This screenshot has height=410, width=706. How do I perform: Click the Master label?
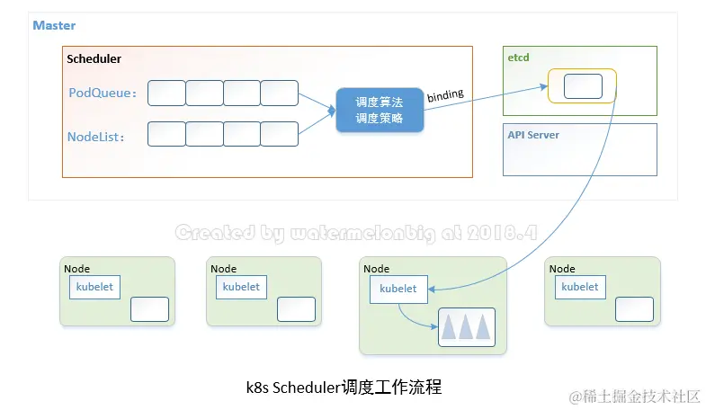[x=54, y=25]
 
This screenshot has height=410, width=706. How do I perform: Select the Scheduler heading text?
[x=94, y=59]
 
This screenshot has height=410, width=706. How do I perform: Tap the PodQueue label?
[x=103, y=93]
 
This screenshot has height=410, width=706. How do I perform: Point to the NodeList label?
[x=95, y=137]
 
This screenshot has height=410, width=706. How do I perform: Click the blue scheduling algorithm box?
[x=380, y=111]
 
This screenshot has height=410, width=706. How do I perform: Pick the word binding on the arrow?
[x=445, y=95]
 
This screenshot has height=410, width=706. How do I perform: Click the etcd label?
[x=518, y=58]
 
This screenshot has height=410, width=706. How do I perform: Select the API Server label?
[x=533, y=135]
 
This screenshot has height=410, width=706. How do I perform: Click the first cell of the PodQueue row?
[x=166, y=94]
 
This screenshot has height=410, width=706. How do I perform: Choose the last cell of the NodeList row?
[x=279, y=134]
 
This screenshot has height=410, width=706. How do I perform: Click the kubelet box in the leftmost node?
[x=94, y=287]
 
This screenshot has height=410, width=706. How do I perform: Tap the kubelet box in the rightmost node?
[x=580, y=287]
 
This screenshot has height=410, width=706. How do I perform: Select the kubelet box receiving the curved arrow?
[x=398, y=289]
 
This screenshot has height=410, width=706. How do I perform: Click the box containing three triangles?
[x=467, y=327]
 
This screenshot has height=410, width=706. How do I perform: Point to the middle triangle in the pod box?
[x=466, y=327]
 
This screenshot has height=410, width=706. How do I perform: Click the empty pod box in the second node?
[x=296, y=309]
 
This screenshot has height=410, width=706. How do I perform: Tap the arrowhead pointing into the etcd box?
[x=544, y=87]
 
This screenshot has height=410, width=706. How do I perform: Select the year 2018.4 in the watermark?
[x=502, y=233]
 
